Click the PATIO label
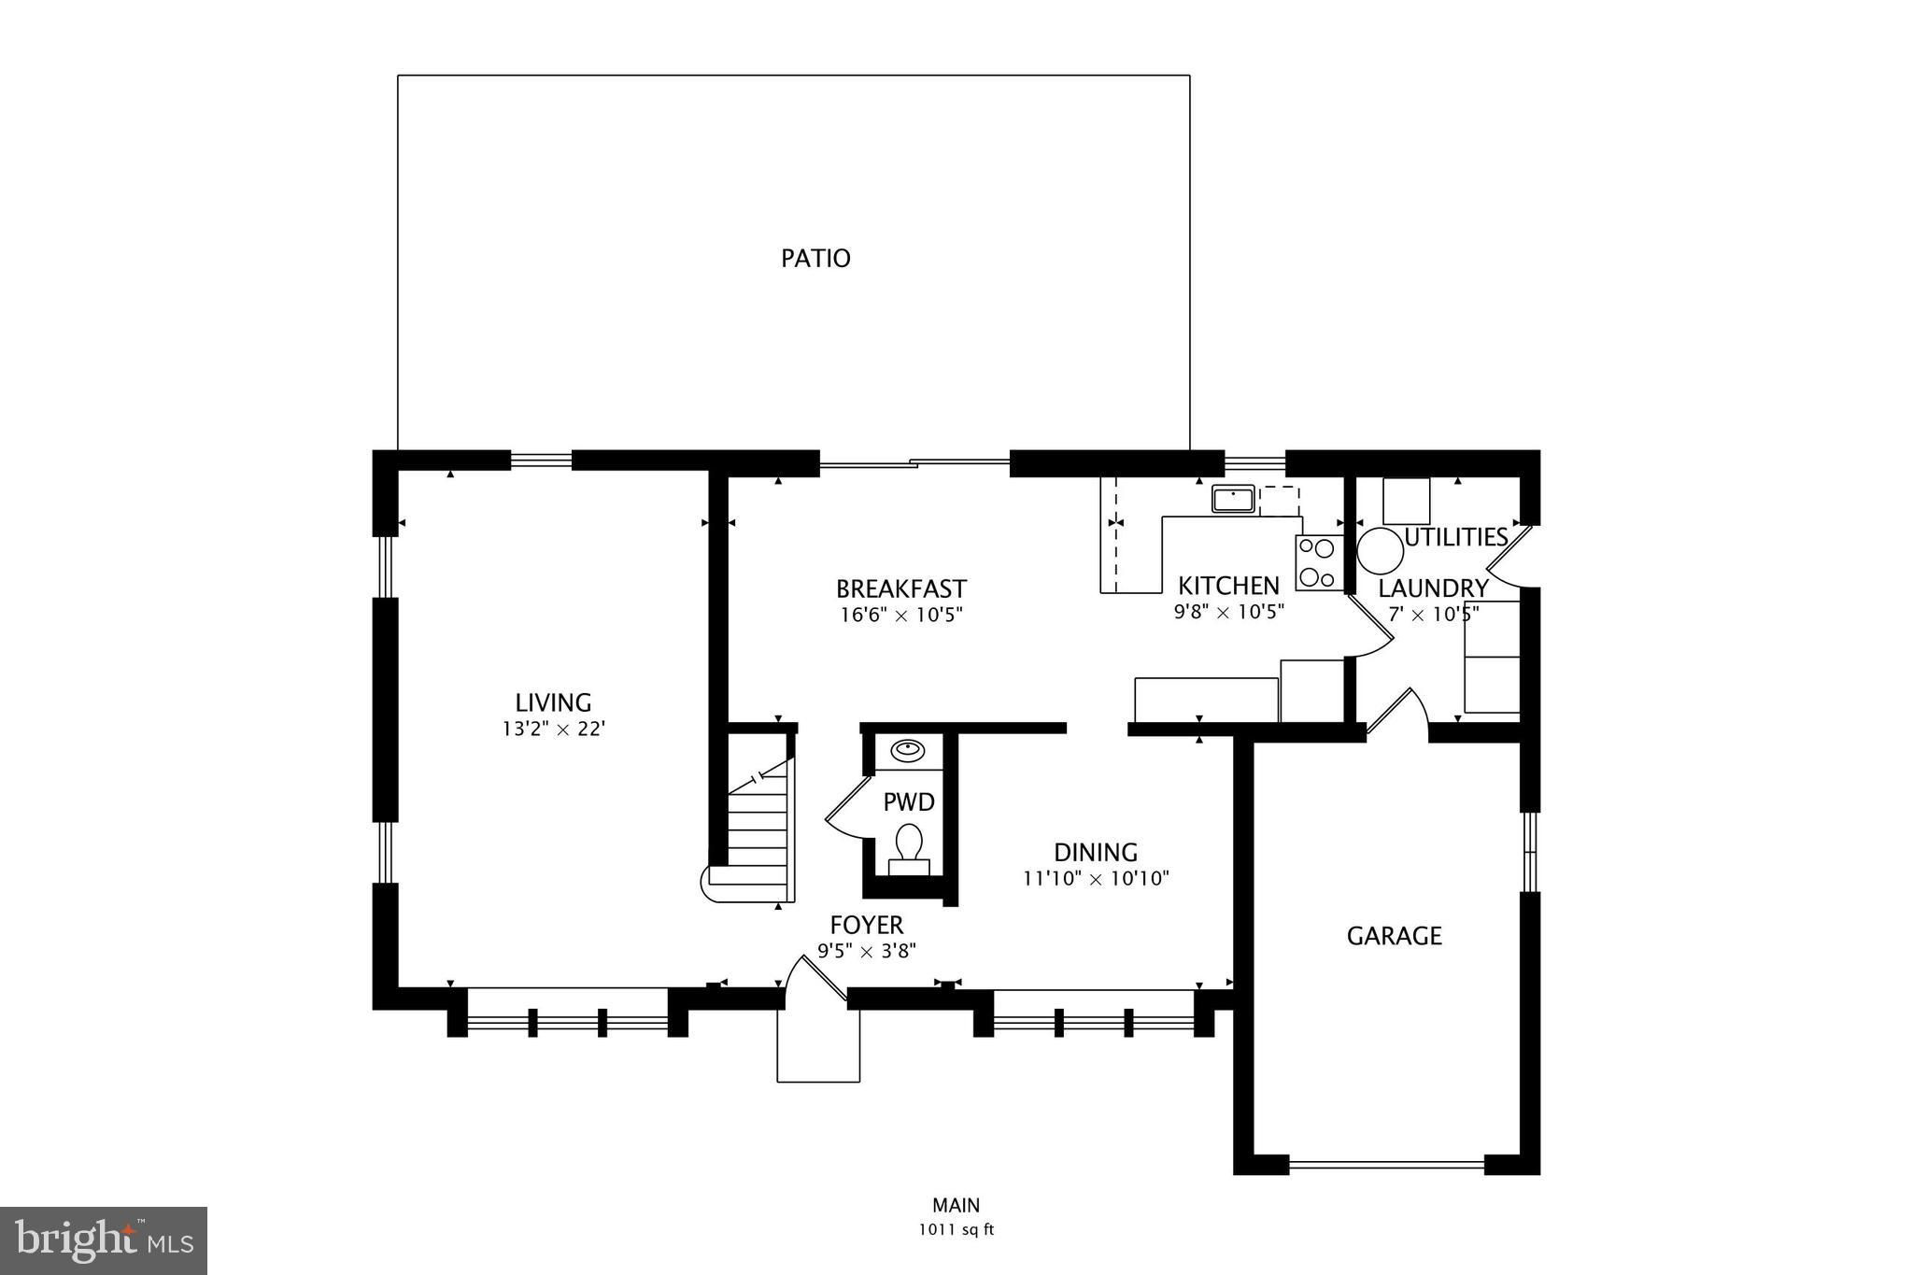pyautogui.click(x=815, y=258)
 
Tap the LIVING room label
pyautogui.click(x=553, y=702)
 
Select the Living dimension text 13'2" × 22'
pyautogui.click(x=554, y=729)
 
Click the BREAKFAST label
pyautogui.click(x=900, y=588)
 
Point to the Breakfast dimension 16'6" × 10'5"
pyautogui.click(x=900, y=615)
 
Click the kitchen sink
pyautogui.click(x=1234, y=499)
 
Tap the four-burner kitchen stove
pyautogui.click(x=1318, y=563)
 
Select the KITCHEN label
pyautogui.click(x=1228, y=586)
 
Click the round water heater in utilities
pyautogui.click(x=1380, y=552)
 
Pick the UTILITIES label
pyautogui.click(x=1456, y=537)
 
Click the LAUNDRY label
pyautogui.click(x=1433, y=588)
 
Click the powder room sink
pyautogui.click(x=907, y=749)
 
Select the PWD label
pyautogui.click(x=909, y=802)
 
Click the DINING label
pyautogui.click(x=1096, y=852)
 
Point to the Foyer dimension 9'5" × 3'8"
pyautogui.click(x=867, y=951)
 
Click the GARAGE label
pyautogui.click(x=1394, y=935)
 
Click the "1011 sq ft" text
pyautogui.click(x=956, y=1230)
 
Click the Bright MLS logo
pyautogui.click(x=104, y=1240)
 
